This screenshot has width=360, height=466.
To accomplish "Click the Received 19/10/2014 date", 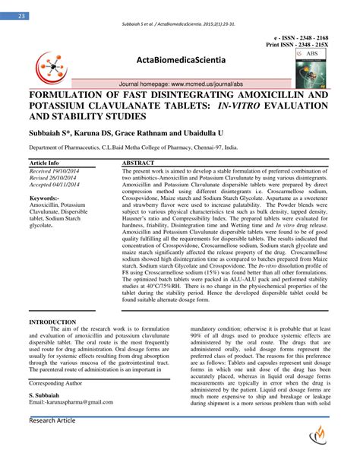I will pyautogui.click(x=54, y=172).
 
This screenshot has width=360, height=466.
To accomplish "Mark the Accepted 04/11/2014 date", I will pyautogui.click(x=54, y=187).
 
